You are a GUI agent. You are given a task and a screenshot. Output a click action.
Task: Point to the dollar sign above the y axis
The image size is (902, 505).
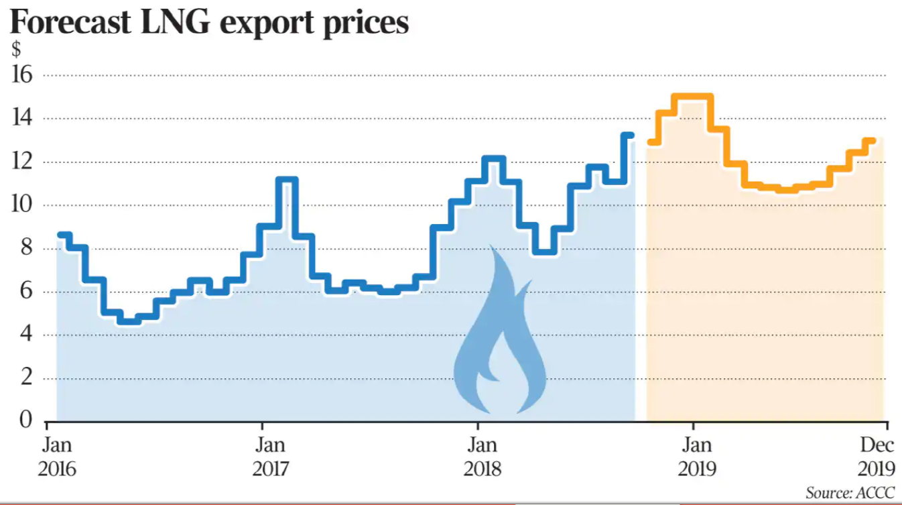15,49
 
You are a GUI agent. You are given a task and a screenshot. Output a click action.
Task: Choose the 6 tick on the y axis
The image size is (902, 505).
25,292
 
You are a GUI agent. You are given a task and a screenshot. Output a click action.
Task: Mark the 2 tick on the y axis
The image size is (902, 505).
25,378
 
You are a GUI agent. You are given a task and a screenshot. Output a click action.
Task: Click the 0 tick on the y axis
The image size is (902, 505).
25,420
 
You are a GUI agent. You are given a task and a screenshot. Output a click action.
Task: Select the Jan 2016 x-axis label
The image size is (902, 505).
57,456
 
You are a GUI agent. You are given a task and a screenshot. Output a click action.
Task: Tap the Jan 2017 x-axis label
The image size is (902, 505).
271,456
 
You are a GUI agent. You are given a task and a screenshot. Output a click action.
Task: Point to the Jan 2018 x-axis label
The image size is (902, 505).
482,456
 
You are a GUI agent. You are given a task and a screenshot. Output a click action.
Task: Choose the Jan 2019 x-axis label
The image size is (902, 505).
697,456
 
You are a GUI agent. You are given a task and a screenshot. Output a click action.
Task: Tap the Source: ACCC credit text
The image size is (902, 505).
850,493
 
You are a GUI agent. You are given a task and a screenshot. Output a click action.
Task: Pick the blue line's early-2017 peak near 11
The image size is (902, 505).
286,180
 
